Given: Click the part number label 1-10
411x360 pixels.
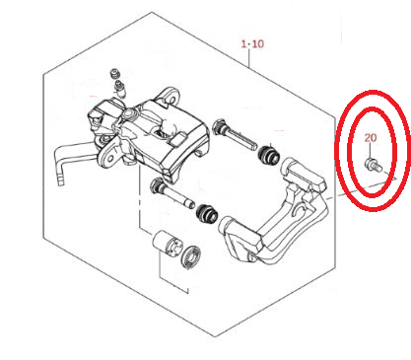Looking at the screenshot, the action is coord(252,43).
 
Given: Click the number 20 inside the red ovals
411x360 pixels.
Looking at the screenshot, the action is coord(371,137).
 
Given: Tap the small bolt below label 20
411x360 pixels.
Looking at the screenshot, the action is coord(373,165).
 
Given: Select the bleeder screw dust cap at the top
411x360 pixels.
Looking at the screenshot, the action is coord(114,73).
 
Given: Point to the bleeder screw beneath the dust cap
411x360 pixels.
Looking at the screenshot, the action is coord(120,89).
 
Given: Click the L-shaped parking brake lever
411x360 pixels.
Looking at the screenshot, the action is coord(75,161).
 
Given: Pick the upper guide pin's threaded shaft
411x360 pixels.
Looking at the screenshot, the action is coord(240,137).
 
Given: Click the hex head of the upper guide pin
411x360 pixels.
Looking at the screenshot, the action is coord(219,127).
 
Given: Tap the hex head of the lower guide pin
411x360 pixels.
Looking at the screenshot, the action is coord(156,185).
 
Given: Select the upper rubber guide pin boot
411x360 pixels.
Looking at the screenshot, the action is coord(268,155).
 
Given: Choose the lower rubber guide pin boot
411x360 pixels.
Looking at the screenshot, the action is coord(207,214).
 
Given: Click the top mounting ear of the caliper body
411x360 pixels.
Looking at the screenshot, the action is coord(170,97).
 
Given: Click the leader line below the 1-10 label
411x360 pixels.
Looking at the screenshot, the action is coord(249,58).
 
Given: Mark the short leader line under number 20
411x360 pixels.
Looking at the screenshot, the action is coord(370,151).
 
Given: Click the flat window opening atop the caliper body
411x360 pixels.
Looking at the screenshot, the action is coord(162,132).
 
